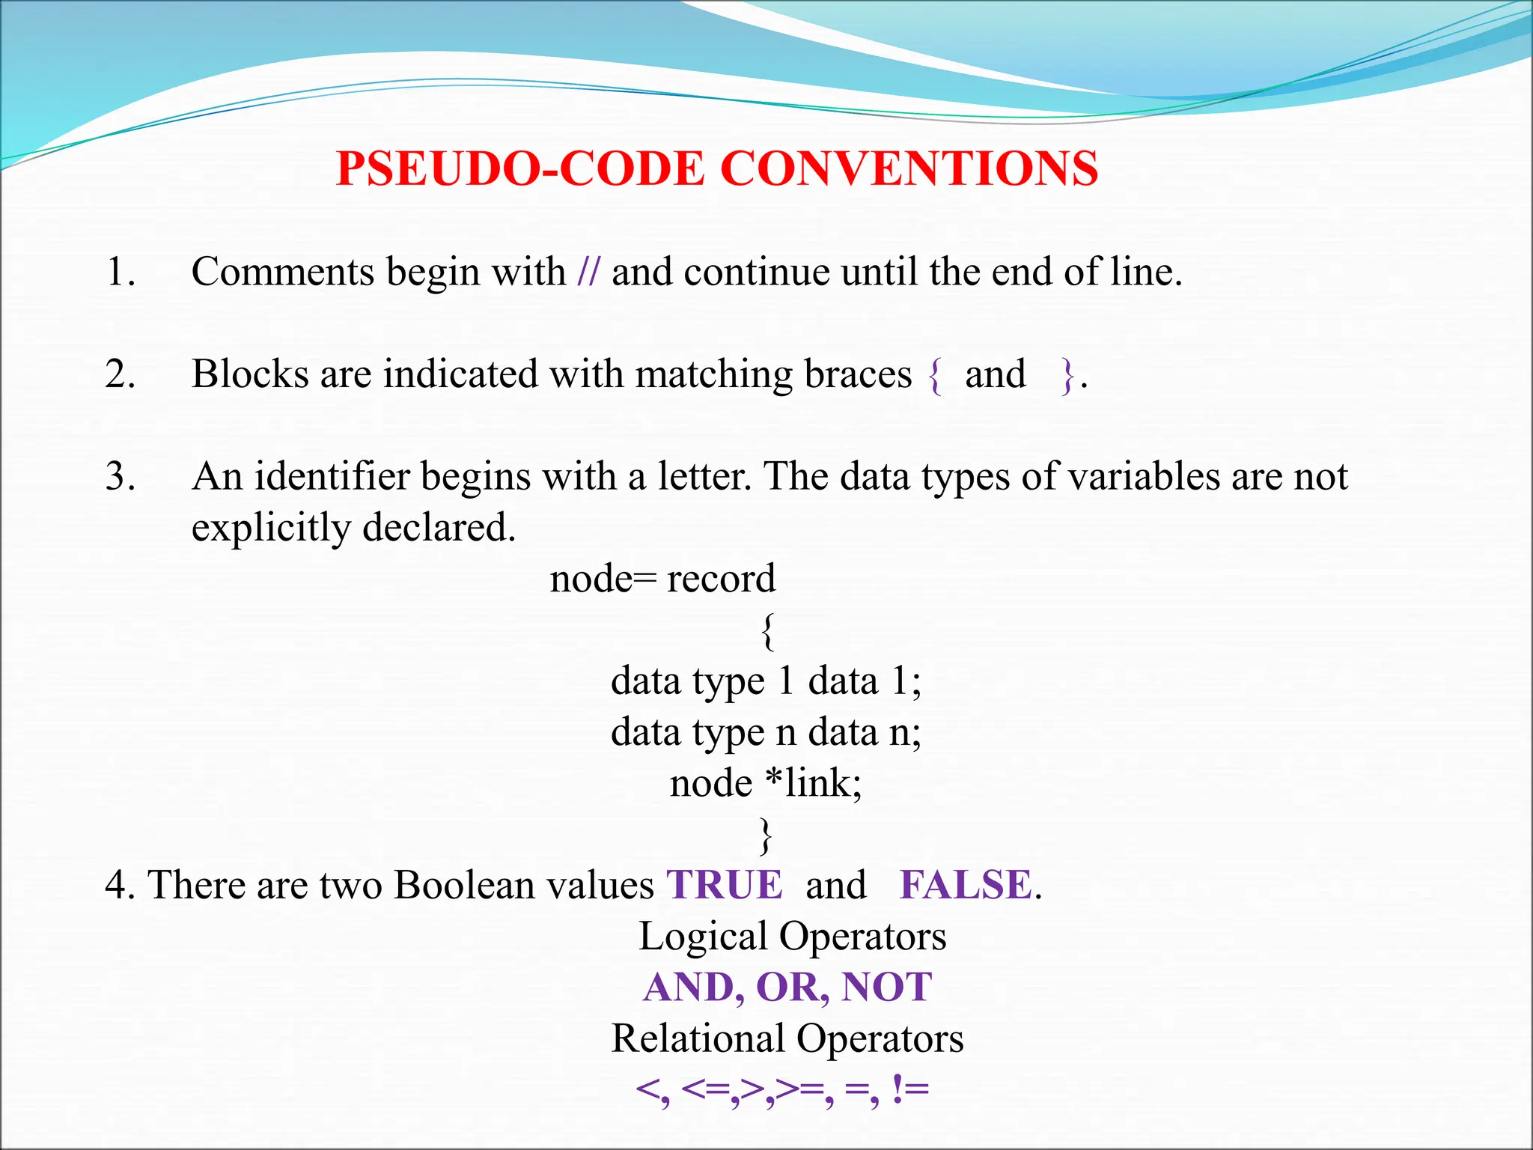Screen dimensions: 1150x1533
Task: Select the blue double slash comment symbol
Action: pos(588,272)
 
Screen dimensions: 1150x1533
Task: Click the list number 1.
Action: pos(120,272)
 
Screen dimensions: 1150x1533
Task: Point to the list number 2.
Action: pos(120,374)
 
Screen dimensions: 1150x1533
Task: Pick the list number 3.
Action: pos(120,477)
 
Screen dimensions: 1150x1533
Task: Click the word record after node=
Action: pos(721,579)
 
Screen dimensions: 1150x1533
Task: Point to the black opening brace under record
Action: pos(767,631)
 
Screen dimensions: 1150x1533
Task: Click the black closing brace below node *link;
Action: pos(765,836)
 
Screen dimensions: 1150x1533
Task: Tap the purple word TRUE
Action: pos(725,885)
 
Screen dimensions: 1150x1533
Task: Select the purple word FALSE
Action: pos(966,885)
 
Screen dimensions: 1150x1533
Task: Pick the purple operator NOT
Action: pos(887,988)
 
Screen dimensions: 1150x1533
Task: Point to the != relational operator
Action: pos(910,1090)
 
